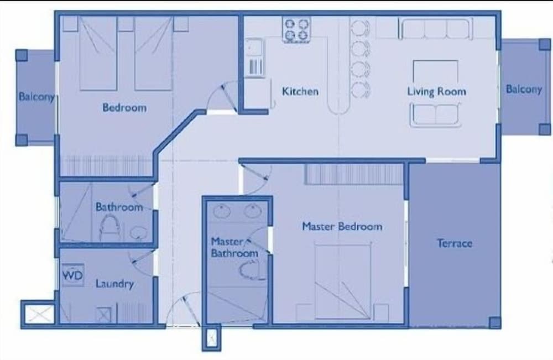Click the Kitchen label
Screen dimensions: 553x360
pos(300,91)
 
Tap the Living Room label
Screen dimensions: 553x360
pos(437,92)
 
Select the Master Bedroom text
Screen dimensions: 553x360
pos(342,226)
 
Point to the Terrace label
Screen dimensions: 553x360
pos(455,243)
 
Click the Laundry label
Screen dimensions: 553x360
pos(114,284)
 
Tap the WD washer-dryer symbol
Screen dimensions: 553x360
pos(73,275)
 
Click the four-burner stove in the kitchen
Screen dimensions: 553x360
pos(296,30)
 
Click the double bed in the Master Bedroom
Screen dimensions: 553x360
pos(343,281)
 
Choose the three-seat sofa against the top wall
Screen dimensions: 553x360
pos(436,28)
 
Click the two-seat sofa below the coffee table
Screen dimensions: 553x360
pos(436,114)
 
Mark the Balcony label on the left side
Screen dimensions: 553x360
pos(36,97)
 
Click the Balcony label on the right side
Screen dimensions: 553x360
pos(524,89)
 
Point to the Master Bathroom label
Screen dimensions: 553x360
pos(234,247)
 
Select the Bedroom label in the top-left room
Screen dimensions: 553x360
pos(124,107)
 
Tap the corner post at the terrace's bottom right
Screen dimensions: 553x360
pos(495,322)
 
